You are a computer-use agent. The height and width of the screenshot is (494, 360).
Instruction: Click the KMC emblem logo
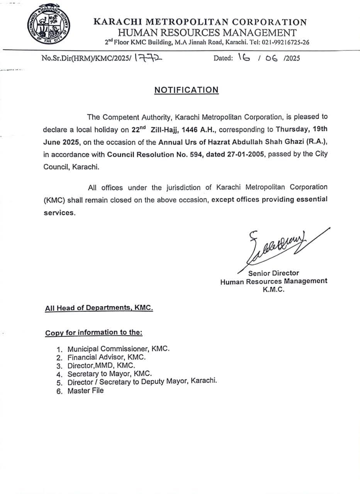pos(51,26)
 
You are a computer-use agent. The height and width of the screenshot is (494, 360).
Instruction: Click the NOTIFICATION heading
pos(186,90)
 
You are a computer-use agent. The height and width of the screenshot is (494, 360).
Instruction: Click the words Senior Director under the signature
pos(273,273)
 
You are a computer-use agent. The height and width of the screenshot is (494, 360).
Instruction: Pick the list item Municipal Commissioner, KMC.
pos(118,349)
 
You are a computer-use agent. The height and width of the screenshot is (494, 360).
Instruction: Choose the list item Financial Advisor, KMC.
pos(107,357)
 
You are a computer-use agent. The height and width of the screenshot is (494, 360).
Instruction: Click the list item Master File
pos(85,391)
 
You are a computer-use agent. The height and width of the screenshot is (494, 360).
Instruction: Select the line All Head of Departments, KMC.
pos(99,308)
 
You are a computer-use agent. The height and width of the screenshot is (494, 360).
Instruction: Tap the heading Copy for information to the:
pos(93,332)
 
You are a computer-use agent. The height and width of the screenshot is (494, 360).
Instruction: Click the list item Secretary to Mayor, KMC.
pos(110,374)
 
